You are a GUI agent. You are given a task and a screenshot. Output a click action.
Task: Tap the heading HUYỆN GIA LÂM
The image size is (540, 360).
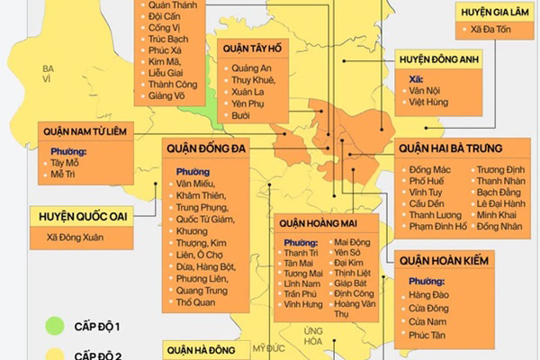click(494, 12)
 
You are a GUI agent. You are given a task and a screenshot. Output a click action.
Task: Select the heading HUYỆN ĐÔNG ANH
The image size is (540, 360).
click(440, 60)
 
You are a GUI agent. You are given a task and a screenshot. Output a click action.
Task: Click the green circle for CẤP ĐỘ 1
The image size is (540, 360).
click(56, 324)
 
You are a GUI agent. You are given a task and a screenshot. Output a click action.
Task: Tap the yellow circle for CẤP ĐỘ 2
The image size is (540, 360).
click(56, 355)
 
